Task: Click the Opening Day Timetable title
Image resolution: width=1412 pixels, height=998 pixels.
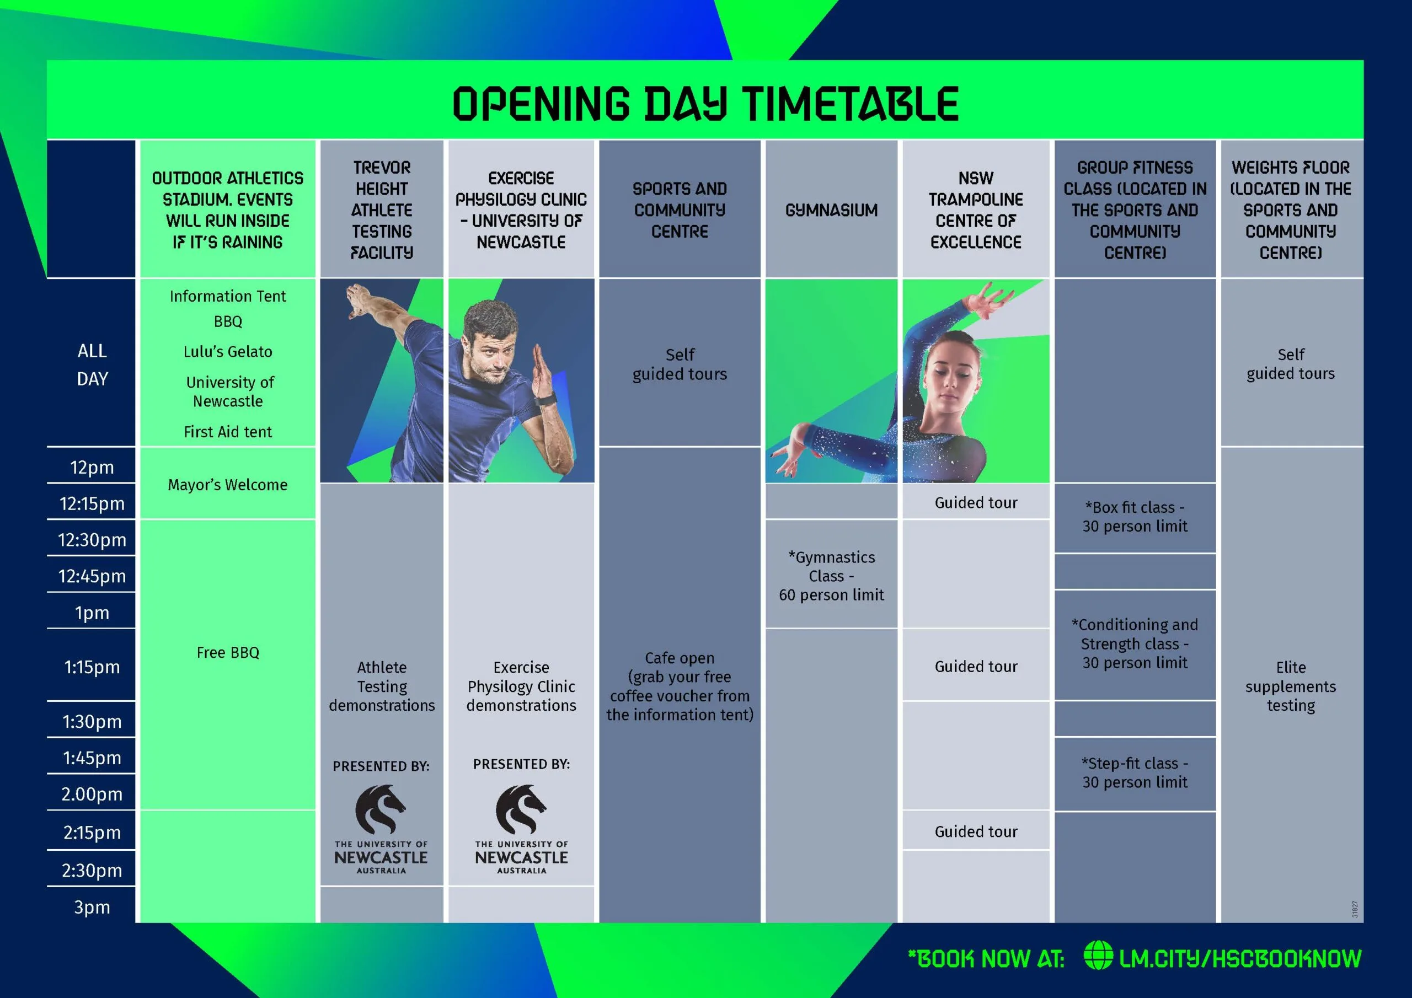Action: pyautogui.click(x=705, y=103)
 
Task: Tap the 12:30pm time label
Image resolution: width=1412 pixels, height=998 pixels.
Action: pyautogui.click(x=92, y=540)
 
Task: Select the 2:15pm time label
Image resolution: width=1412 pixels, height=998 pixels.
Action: pyautogui.click(x=92, y=833)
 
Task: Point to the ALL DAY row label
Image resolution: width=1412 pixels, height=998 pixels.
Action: pyautogui.click(x=92, y=364)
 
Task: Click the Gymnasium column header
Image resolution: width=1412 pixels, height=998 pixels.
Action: pyautogui.click(x=831, y=210)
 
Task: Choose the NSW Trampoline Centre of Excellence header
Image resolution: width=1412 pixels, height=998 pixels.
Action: pyautogui.click(x=976, y=210)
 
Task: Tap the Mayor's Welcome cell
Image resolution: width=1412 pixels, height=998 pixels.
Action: pyautogui.click(x=228, y=485)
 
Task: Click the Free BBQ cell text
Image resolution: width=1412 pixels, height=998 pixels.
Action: pyautogui.click(x=228, y=652)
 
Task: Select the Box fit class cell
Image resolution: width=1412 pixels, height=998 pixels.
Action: pyautogui.click(x=1135, y=517)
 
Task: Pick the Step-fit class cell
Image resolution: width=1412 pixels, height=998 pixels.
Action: pyautogui.click(x=1135, y=772)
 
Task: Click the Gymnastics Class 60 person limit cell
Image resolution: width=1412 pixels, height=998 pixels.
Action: pyautogui.click(x=831, y=576)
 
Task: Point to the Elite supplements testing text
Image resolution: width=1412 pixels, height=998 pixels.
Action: pyautogui.click(x=1290, y=686)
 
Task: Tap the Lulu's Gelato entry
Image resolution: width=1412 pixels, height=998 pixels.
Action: pyautogui.click(x=228, y=352)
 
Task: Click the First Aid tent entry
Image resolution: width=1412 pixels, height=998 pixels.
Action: pyautogui.click(x=228, y=432)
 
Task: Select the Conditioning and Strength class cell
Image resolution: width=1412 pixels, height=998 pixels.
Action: pyautogui.click(x=1135, y=644)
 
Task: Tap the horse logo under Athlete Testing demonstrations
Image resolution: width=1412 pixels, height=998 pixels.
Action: pyautogui.click(x=381, y=809)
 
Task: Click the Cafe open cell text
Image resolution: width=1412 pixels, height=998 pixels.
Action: pyautogui.click(x=680, y=686)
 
